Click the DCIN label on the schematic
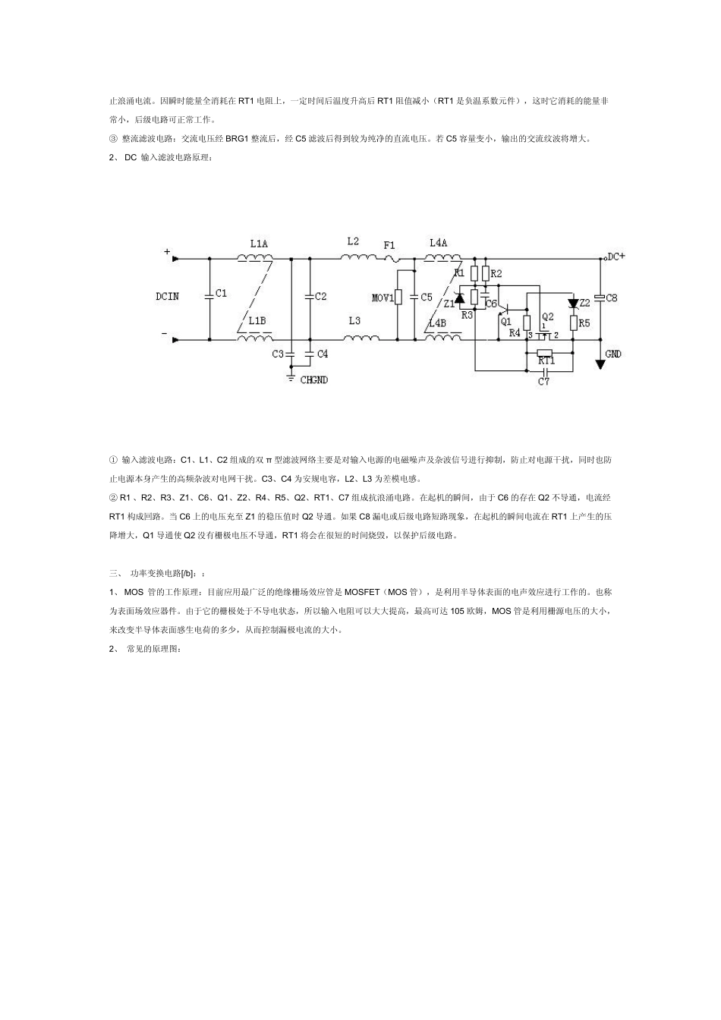click(x=167, y=296)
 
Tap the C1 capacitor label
click(x=221, y=293)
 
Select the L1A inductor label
click(x=258, y=244)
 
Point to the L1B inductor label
click(x=257, y=321)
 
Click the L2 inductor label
click(x=353, y=241)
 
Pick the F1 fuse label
click(x=389, y=245)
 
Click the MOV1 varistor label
click(x=383, y=297)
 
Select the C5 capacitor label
click(x=426, y=297)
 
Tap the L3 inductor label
click(x=354, y=321)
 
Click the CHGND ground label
click(x=314, y=379)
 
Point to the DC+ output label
click(x=616, y=257)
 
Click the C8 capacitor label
click(x=611, y=297)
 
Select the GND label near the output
click(x=613, y=354)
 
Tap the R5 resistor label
click(x=584, y=323)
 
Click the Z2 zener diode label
click(x=584, y=302)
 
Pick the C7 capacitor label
click(x=543, y=382)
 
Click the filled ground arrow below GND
click(x=600, y=364)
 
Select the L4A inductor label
click(x=438, y=243)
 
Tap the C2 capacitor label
click(x=320, y=296)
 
